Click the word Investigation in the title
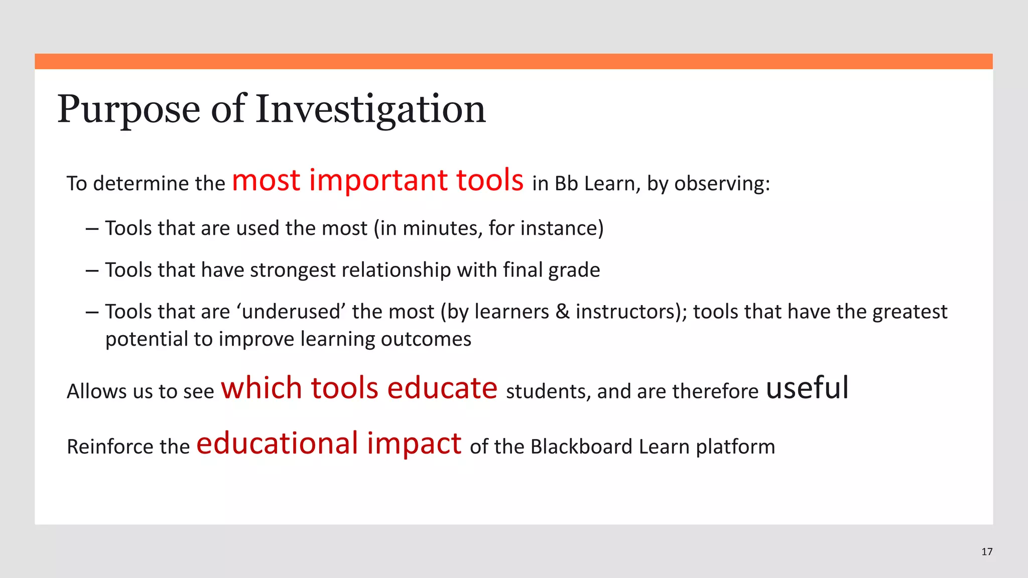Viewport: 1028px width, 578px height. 370,109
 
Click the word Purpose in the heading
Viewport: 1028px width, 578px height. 128,109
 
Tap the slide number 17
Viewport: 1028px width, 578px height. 987,552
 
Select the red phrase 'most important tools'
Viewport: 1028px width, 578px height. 377,181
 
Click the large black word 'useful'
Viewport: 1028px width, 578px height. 807,388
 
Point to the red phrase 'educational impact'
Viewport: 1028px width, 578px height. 329,444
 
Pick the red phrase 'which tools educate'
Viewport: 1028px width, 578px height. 359,388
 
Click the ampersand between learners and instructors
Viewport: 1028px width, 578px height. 563,312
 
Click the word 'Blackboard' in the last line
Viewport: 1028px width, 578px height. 581,447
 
